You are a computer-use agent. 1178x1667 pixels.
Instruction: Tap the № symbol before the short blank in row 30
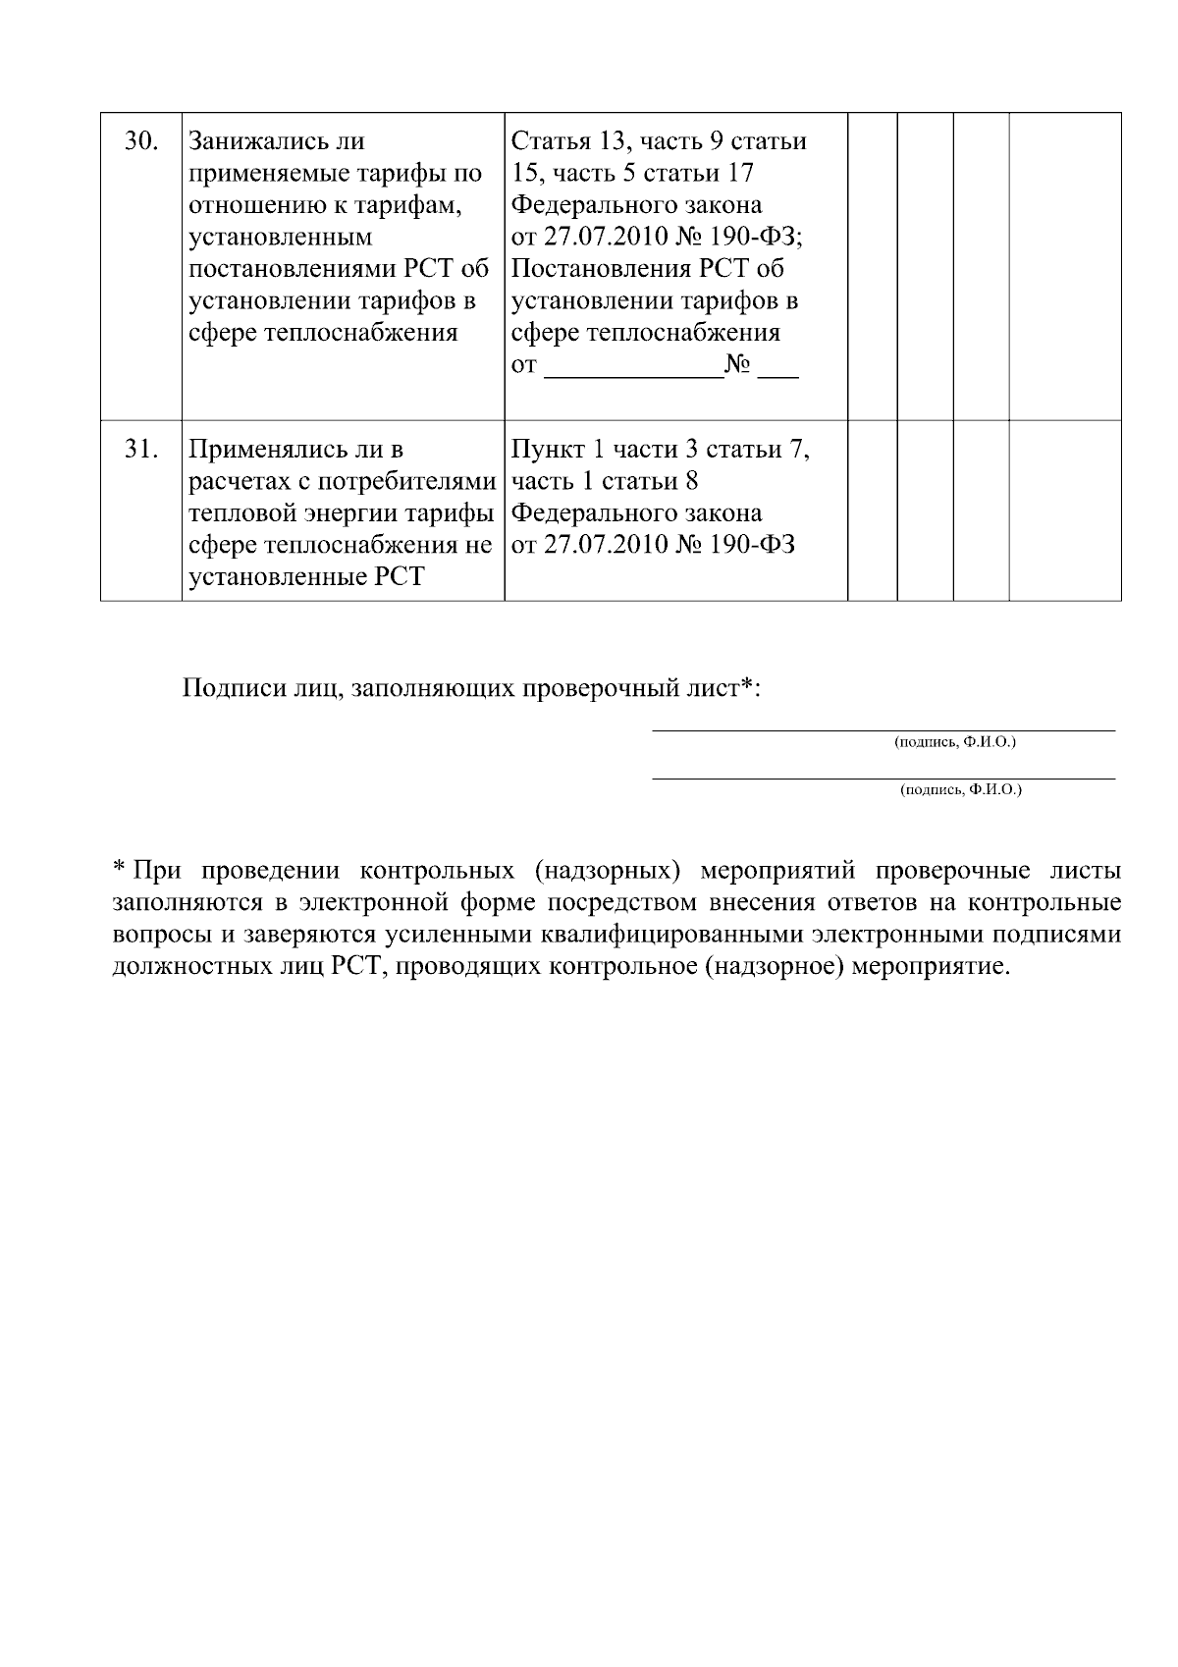tap(737, 366)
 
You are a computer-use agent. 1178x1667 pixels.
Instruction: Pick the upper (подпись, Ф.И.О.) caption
tap(954, 742)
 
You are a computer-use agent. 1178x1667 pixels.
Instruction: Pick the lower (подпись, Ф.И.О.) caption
tap(960, 789)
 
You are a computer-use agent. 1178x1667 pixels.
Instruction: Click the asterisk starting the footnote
tap(118, 869)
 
